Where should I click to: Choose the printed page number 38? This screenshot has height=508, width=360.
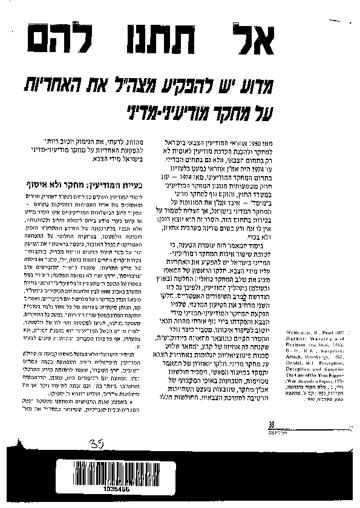pyautogui.click(x=272, y=424)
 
